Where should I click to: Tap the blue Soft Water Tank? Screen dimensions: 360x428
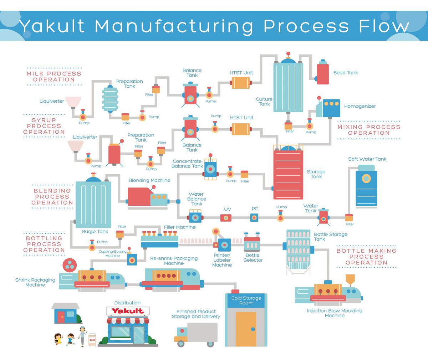pos(366,188)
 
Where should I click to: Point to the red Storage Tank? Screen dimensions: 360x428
pos(288,174)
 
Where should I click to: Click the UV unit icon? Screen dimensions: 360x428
pos(226,217)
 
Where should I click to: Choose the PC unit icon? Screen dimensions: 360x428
pos(254,217)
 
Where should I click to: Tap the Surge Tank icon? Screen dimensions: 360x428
pos(93,203)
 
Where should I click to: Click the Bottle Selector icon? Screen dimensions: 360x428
pos(252,244)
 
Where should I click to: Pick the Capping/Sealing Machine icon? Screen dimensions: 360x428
pos(132,259)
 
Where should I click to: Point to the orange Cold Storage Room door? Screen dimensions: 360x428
pos(246,329)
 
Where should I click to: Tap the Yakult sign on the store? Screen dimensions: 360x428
pos(127,311)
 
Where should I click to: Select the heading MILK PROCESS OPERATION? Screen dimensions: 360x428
pos(54,77)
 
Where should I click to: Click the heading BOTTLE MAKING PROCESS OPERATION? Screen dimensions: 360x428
pos(366,257)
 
